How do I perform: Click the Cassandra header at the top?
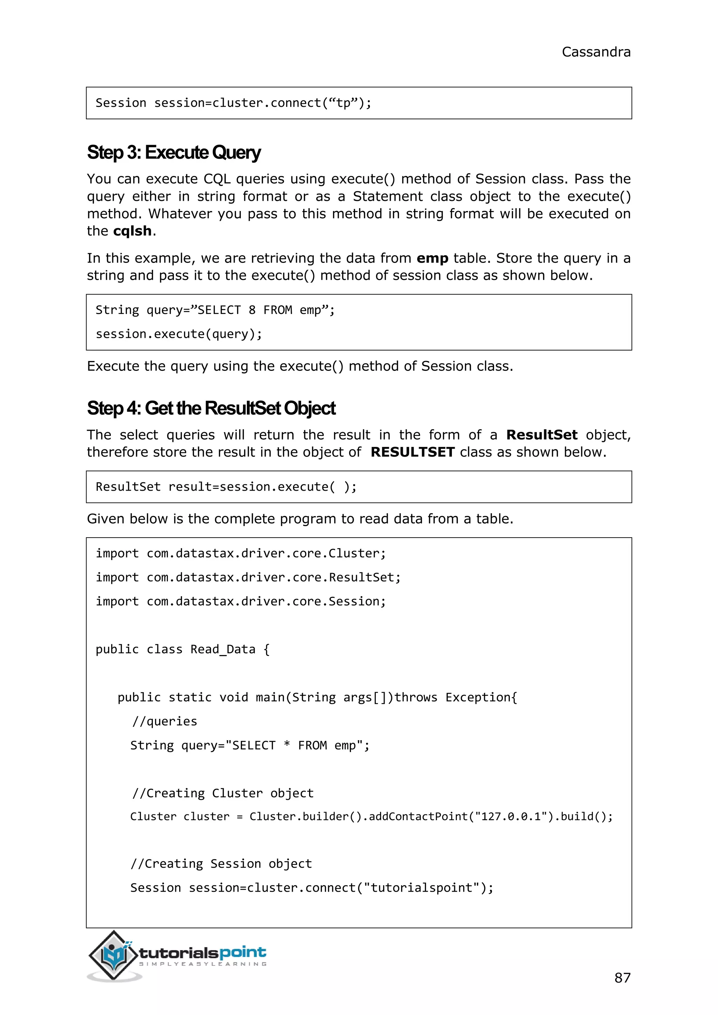[x=596, y=52]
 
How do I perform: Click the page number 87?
[x=622, y=977]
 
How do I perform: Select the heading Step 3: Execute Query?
[x=174, y=152]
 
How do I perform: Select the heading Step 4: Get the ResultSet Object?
[x=211, y=408]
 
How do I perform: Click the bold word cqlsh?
[x=133, y=231]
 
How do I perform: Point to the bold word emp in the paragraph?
[x=432, y=258]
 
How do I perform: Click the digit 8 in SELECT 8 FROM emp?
[x=252, y=310]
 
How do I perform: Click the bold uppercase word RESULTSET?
[x=413, y=452]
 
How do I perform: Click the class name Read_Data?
[x=223, y=649]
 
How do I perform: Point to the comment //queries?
[x=164, y=721]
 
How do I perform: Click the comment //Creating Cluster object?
[x=222, y=793]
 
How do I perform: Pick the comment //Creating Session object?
[x=221, y=864]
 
